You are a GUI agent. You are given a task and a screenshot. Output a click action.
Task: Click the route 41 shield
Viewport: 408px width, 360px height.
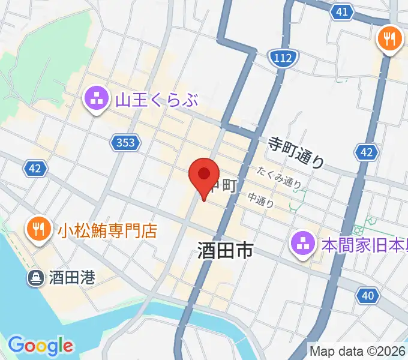341,11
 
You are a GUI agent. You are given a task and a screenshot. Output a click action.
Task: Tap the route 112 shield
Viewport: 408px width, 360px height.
281,58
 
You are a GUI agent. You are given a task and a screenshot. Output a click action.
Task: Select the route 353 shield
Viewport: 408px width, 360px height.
126,142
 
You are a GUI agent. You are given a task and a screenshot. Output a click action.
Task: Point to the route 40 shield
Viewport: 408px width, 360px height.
368,295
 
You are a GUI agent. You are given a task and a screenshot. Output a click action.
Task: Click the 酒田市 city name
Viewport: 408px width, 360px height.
225,251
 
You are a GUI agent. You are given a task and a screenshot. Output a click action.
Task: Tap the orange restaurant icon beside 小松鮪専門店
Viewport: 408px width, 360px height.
37,229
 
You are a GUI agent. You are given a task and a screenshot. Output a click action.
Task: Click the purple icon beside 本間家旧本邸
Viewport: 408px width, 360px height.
302,244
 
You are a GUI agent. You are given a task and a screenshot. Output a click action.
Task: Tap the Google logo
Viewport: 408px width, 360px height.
40,346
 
